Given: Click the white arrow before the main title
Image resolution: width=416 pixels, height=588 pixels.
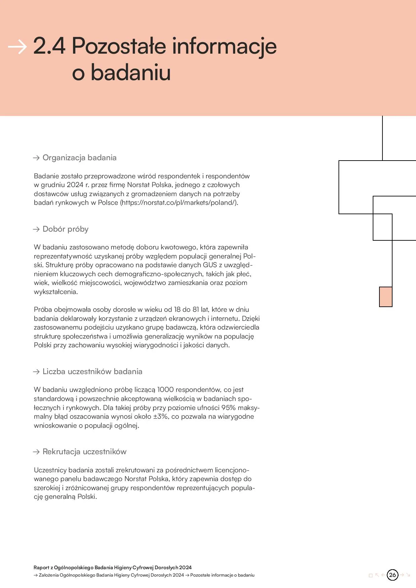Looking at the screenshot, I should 17,47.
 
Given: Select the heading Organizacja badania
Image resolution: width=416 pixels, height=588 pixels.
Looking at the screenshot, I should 79,158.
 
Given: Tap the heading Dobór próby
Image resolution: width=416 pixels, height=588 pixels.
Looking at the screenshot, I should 65,229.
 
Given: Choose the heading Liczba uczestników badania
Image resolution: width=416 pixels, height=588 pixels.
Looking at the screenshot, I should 92,371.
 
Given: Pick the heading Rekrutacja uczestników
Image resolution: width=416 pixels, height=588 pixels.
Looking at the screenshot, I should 84,452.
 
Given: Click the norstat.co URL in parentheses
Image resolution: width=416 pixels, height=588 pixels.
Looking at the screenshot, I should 179,202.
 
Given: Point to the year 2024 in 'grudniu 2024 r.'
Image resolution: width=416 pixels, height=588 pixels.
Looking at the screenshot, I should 75,185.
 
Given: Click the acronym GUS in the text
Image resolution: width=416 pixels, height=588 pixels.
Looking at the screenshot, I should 210,265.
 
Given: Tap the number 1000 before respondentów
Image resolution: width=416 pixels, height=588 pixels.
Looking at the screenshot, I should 165,390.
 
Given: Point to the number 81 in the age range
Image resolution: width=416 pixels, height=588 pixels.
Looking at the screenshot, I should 196,309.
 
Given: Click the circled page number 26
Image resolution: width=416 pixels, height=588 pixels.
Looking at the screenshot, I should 392,575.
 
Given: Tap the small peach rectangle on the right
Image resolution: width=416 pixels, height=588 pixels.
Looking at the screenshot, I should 385,297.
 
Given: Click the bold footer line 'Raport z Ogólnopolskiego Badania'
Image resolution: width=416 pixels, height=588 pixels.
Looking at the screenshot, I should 112,568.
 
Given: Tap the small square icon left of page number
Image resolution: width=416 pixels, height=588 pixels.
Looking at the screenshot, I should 370,575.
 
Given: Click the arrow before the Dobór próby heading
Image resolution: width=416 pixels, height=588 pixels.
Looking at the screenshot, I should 36,229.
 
